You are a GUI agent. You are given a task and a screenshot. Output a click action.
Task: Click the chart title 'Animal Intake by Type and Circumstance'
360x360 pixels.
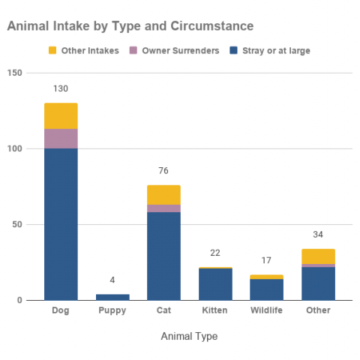[x=130, y=26]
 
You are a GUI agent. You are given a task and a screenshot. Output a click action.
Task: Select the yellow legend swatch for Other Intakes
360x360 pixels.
[x=52, y=50]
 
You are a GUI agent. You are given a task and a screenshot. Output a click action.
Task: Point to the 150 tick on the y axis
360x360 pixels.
[x=15, y=73]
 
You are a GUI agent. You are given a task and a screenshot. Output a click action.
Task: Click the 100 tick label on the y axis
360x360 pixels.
[x=15, y=148]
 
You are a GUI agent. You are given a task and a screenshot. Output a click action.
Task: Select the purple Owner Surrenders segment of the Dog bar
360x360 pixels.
[x=61, y=139]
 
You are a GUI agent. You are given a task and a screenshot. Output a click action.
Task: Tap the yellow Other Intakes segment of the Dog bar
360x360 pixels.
[x=61, y=115]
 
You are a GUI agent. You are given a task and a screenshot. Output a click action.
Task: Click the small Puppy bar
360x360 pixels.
[x=112, y=297]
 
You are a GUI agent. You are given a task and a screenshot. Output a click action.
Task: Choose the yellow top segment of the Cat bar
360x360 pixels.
[x=163, y=194]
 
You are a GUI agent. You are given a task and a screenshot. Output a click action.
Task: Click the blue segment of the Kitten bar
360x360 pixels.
[x=215, y=284]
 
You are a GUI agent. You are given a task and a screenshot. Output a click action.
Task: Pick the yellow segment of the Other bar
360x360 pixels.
[x=318, y=256]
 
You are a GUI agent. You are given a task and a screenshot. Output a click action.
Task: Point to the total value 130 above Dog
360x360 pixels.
[x=61, y=88]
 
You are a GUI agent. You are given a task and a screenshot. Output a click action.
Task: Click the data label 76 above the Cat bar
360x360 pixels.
[x=163, y=170]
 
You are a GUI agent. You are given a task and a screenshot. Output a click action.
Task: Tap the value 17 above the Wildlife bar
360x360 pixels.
[x=266, y=261]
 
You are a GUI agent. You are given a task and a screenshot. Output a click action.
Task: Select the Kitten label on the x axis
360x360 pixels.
[x=215, y=310]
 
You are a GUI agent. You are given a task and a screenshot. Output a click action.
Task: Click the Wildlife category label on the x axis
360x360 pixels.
[x=266, y=310]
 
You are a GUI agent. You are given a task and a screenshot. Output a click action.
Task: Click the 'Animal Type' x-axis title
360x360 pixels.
[x=189, y=337]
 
